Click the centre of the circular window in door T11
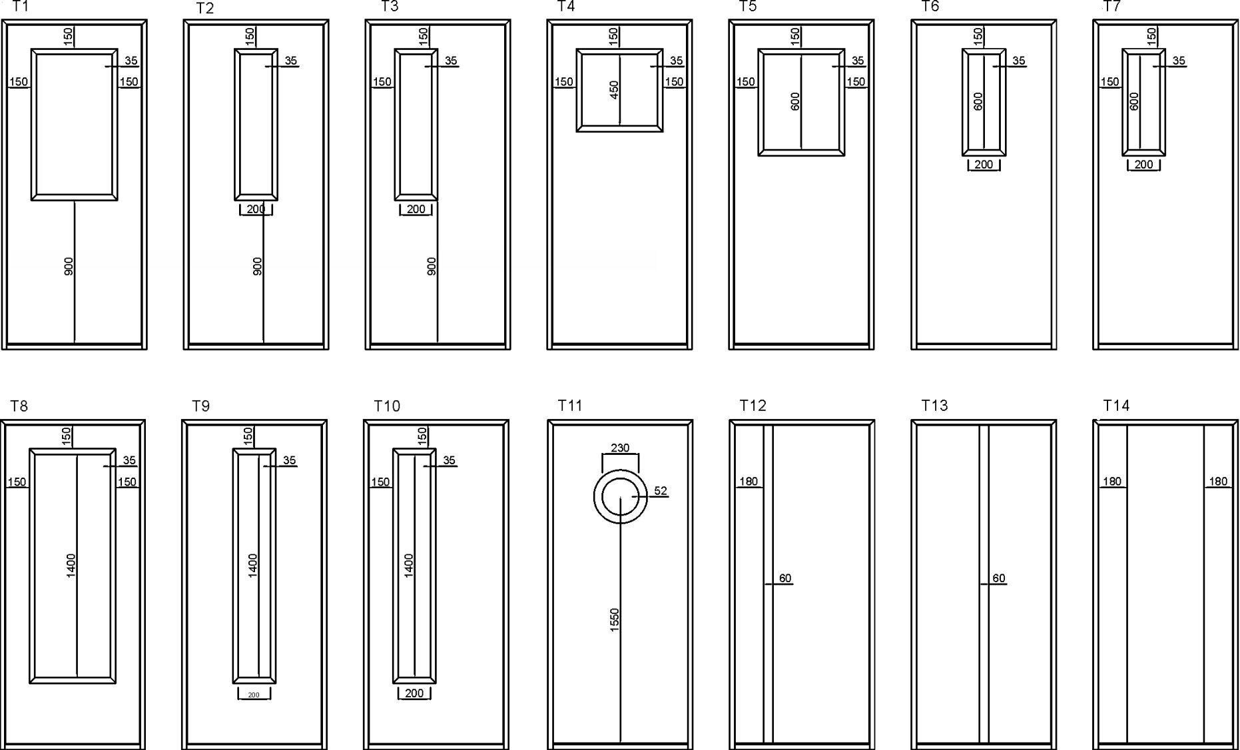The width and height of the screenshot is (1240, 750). (620, 497)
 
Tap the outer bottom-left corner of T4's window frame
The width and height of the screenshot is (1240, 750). (577, 132)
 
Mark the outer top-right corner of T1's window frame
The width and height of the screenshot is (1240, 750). (118, 49)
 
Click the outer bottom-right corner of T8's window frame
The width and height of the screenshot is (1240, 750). (117, 683)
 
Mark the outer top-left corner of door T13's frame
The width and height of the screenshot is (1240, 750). (911, 420)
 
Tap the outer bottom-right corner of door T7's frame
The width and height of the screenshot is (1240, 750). (1238, 350)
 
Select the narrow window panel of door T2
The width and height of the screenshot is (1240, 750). (256, 125)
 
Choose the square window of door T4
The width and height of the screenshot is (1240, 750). (620, 90)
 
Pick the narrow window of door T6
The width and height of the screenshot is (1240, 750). (984, 103)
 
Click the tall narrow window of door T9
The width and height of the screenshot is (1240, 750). (254, 566)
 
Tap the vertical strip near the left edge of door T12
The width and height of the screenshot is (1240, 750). (768, 583)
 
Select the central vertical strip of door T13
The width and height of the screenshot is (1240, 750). (984, 583)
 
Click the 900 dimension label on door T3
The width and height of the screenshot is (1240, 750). (432, 266)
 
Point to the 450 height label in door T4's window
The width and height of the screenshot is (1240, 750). (614, 90)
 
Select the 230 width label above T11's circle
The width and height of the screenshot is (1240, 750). (620, 448)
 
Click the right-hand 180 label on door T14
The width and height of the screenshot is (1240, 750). (1218, 482)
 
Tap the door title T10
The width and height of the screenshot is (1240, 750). (387, 406)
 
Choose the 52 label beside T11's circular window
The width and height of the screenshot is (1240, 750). (660, 491)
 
